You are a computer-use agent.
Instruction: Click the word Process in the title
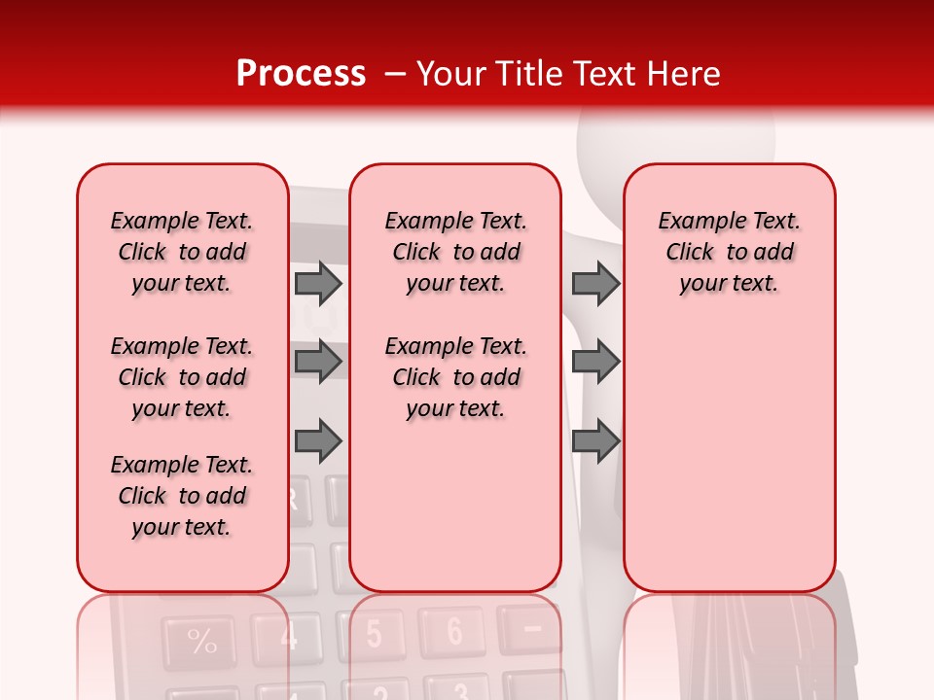[x=301, y=74]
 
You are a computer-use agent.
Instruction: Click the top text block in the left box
[x=182, y=252]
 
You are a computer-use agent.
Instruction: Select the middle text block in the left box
[x=182, y=377]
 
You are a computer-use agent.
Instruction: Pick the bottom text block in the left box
[x=182, y=496]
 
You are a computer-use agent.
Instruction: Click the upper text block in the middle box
[x=455, y=252]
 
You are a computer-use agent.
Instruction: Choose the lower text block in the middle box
[x=455, y=377]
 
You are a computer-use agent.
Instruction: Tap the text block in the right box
[x=729, y=252]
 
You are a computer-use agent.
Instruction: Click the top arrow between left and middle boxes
[x=318, y=284]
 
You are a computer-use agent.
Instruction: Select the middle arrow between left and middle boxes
[x=318, y=362]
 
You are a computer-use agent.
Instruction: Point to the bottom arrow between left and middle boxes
[x=318, y=442]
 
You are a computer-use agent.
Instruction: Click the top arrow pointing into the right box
[x=595, y=284]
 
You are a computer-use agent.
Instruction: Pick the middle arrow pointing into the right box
[x=595, y=362]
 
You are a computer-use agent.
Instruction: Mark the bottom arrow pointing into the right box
[x=595, y=442]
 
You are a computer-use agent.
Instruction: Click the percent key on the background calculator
[x=201, y=642]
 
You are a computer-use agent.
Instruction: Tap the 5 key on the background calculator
[x=374, y=635]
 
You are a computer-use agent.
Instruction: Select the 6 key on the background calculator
[x=453, y=631]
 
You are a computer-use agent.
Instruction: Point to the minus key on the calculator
[x=531, y=628]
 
